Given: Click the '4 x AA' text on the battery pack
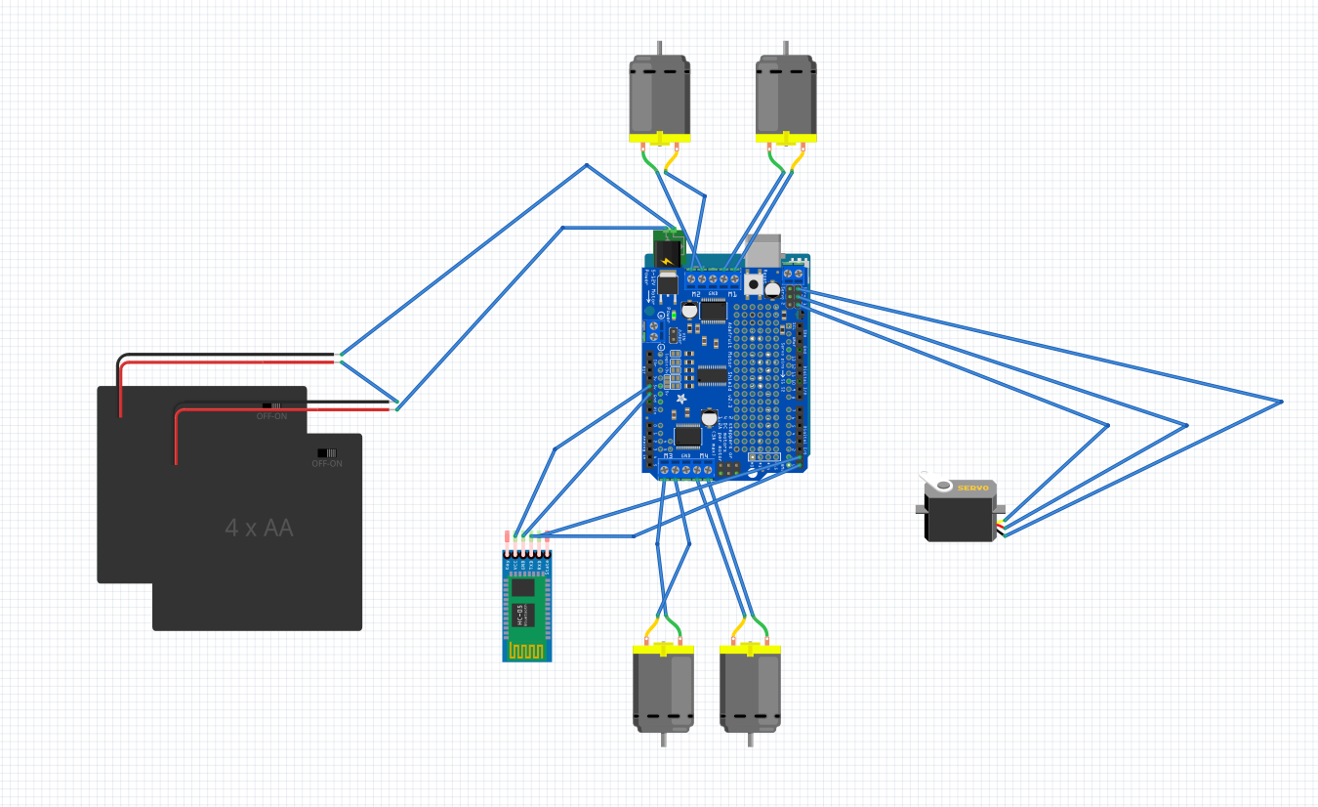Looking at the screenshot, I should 259,529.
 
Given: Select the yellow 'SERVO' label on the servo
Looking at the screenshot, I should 972,488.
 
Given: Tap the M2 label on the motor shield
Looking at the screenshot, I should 696,294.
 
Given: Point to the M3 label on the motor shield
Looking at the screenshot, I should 669,456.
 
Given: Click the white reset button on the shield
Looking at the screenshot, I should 754,284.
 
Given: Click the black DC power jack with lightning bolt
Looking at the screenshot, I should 667,256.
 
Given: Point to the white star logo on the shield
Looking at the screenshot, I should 680,401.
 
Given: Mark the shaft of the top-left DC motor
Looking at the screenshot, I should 660,48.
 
